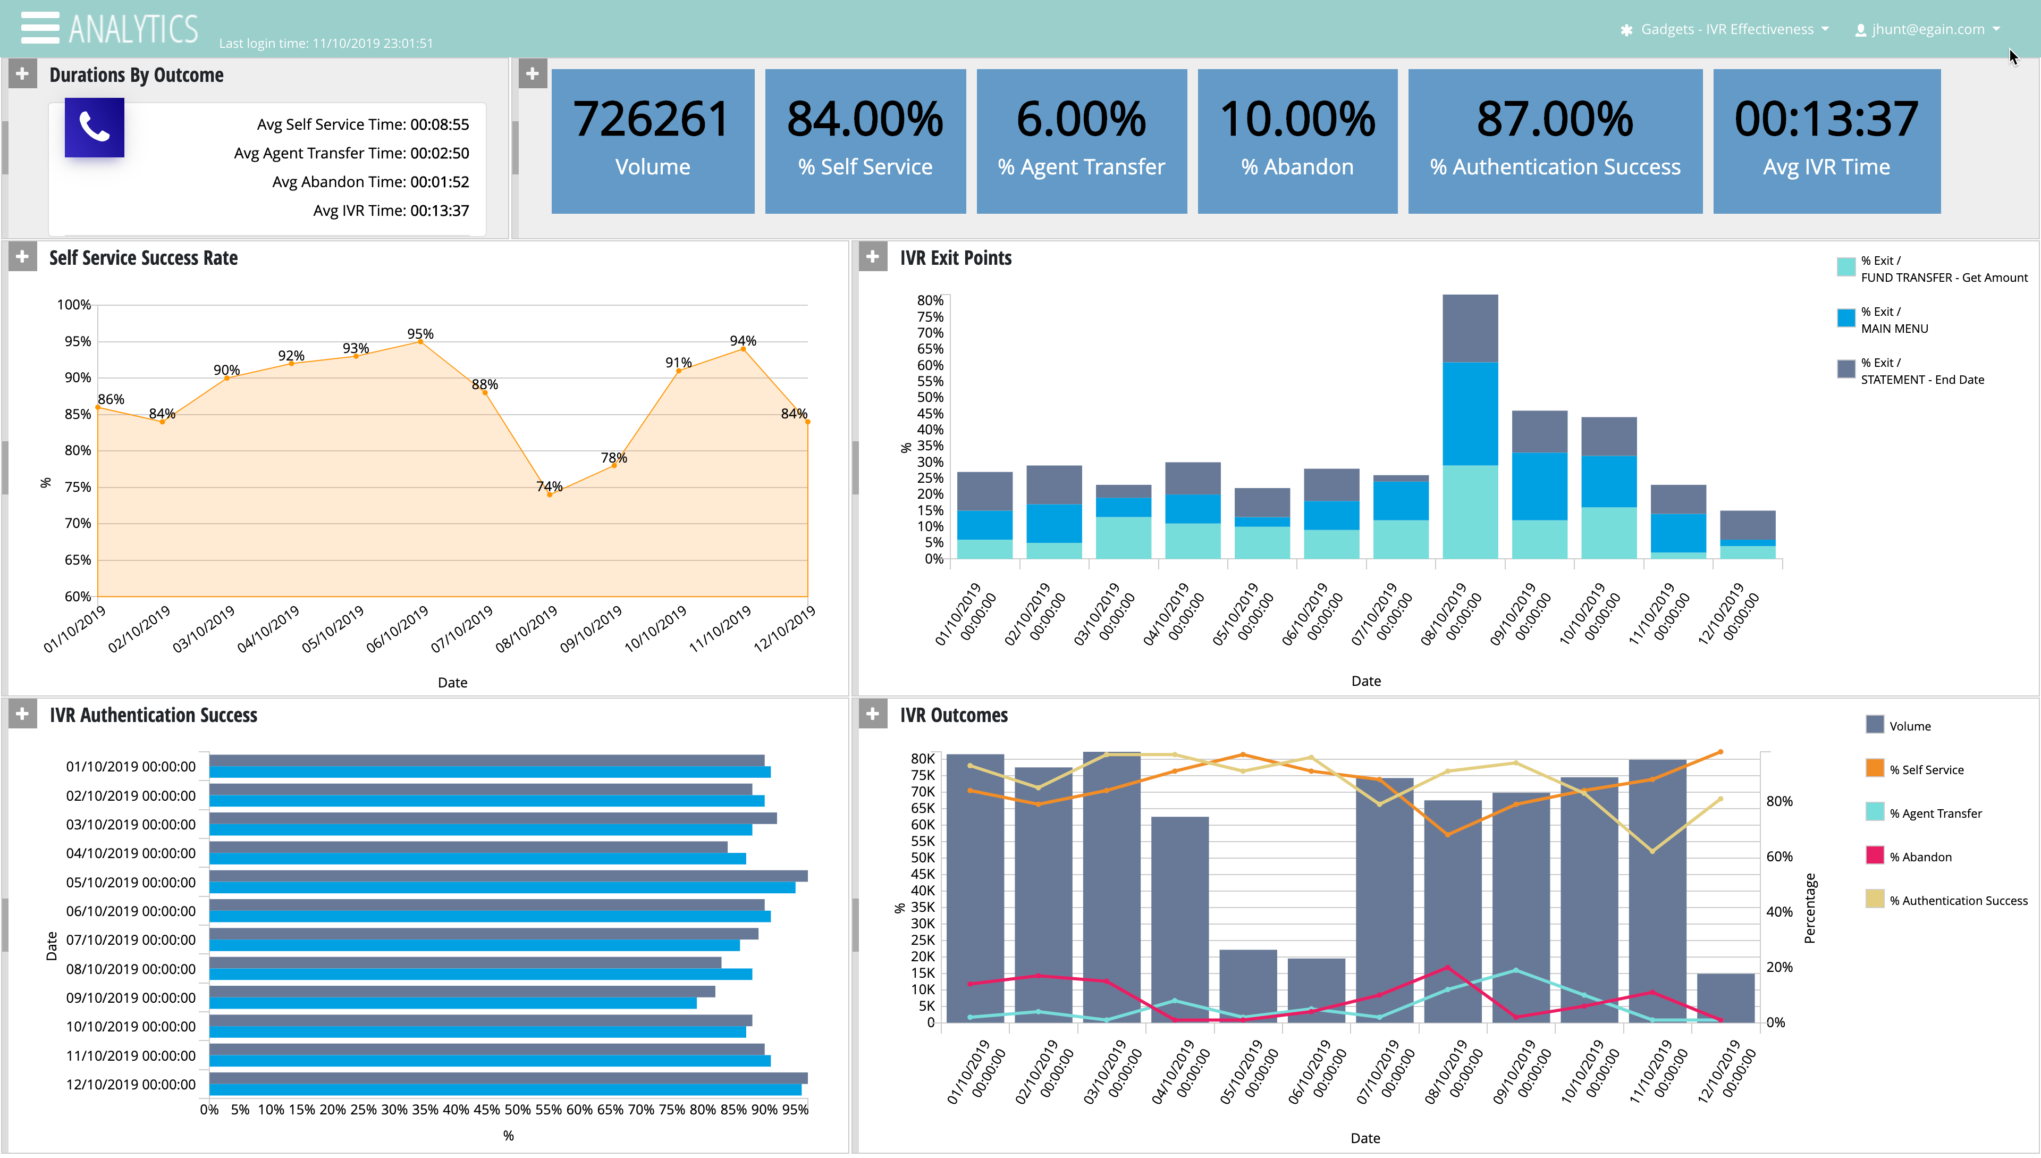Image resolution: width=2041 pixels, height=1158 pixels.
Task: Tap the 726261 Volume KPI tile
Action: [652, 141]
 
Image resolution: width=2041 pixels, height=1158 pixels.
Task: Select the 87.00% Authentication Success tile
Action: [1555, 141]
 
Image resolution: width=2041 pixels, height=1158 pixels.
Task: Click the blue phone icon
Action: [94, 127]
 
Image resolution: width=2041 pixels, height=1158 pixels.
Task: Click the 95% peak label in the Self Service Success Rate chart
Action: [420, 333]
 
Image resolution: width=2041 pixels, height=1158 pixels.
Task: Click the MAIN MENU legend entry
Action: [1893, 320]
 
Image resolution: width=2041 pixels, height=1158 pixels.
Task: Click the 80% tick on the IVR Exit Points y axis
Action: [930, 300]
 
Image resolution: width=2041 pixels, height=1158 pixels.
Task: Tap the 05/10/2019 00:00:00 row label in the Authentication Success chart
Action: [130, 882]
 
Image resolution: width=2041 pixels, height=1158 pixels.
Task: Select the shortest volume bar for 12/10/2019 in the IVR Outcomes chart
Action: [1725, 997]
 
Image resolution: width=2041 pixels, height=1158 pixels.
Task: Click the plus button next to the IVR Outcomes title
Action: [872, 714]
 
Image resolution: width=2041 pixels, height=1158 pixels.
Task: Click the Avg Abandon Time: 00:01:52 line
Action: [370, 182]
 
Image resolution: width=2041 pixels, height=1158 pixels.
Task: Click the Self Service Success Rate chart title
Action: [143, 258]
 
